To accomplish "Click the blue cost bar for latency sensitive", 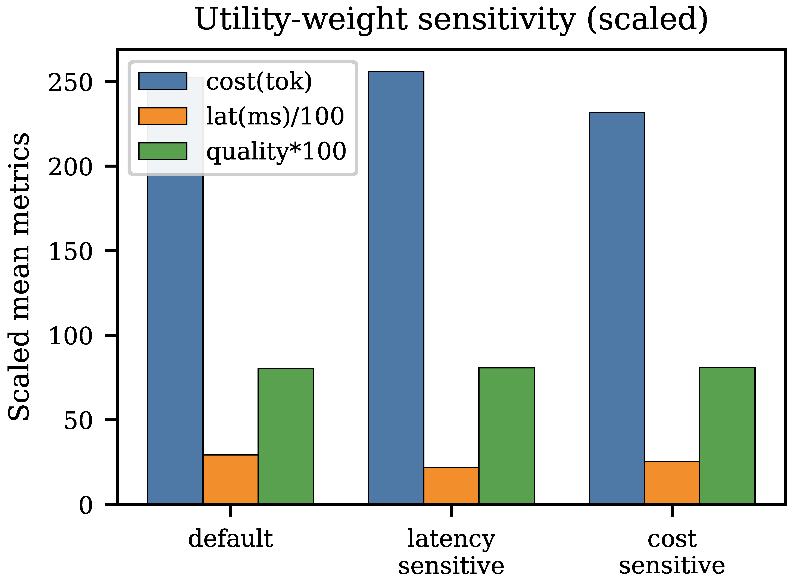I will point(396,288).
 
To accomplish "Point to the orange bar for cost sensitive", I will point(672,483).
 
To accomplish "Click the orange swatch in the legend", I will point(163,116).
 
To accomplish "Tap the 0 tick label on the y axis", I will point(86,505).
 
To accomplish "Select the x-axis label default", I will point(231,539).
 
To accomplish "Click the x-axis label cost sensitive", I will point(672,552).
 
